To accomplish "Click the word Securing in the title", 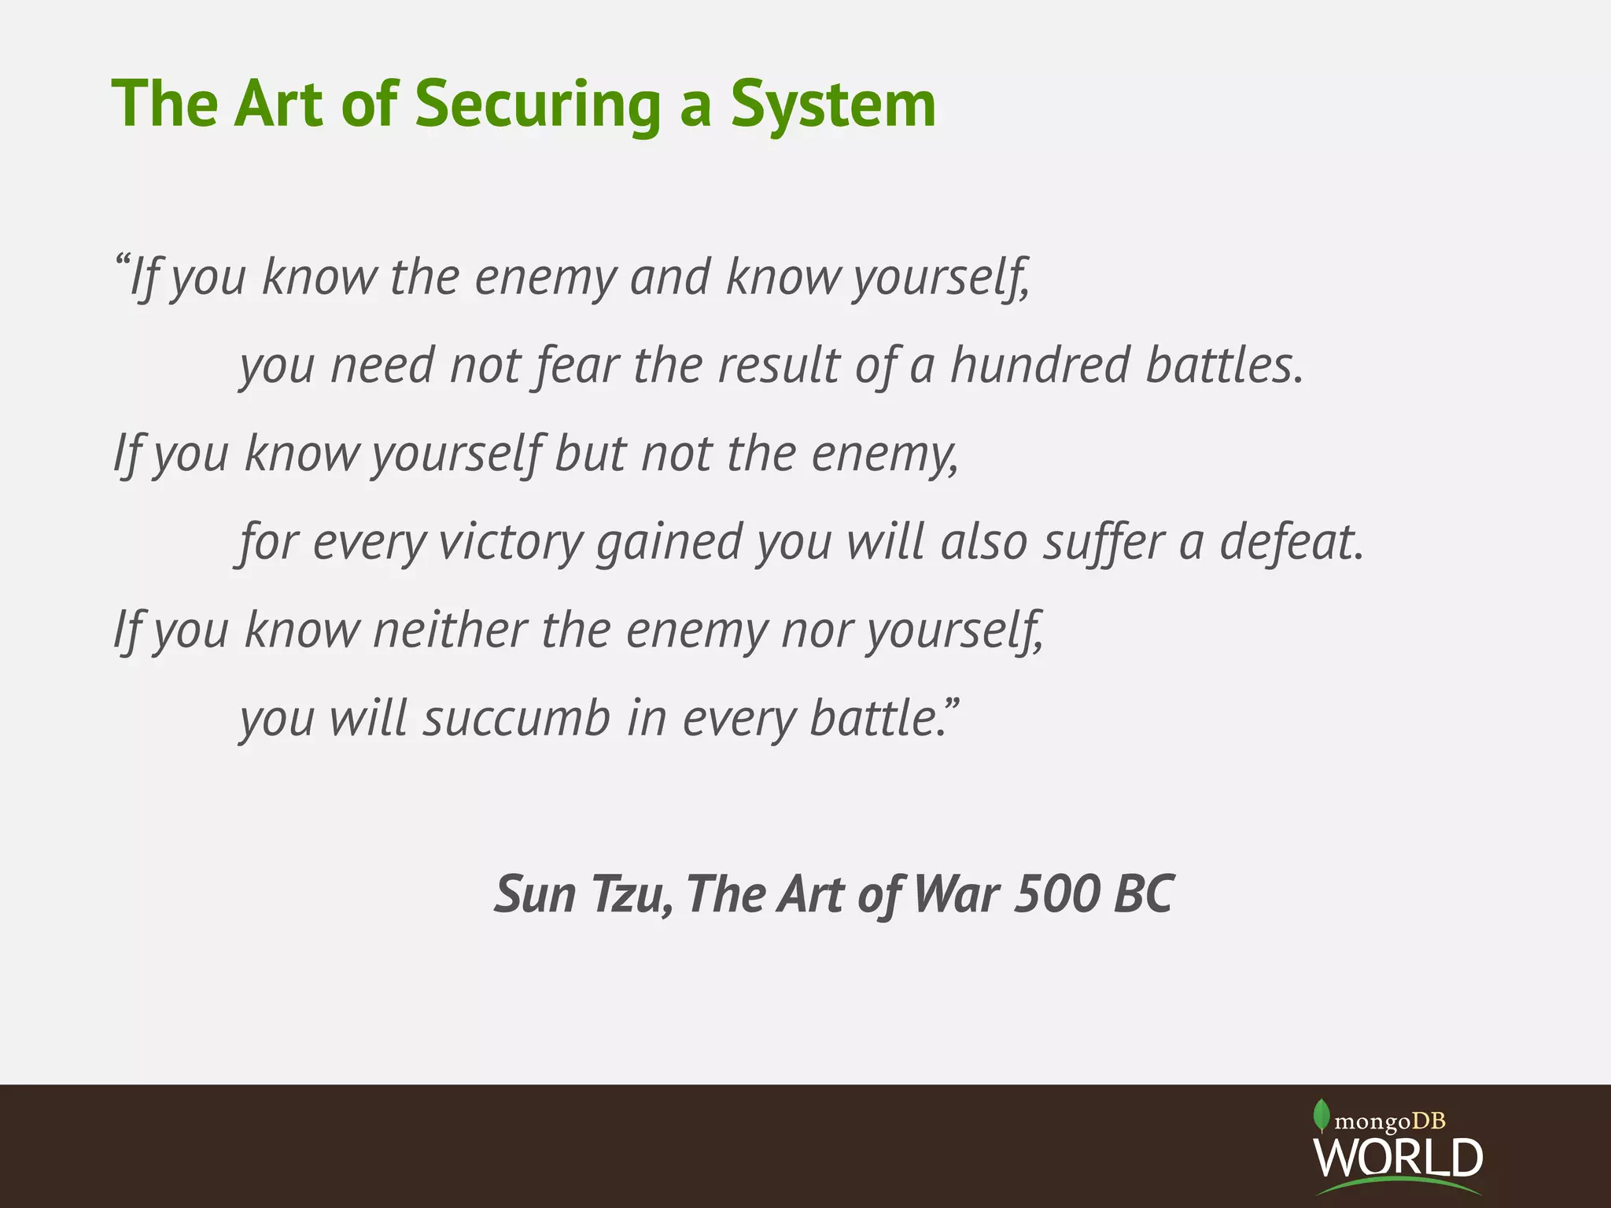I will pos(537,105).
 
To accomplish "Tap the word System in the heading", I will pos(833,105).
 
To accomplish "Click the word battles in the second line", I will pos(1224,366).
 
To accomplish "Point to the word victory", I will pos(511,542).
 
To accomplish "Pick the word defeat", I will pos(1291,542).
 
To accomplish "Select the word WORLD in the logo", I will pos(1398,1158).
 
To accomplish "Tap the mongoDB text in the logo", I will pos(1391,1121).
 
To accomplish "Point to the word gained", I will pos(669,543).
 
